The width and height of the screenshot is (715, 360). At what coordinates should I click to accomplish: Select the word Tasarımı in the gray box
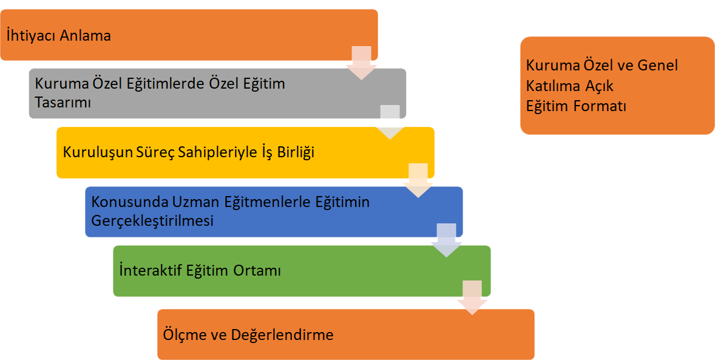(x=63, y=102)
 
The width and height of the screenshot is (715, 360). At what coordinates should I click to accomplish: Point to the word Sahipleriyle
(x=212, y=152)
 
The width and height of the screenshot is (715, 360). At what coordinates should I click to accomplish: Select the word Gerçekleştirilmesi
(x=152, y=220)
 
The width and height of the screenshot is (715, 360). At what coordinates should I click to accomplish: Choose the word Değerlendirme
(x=283, y=335)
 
